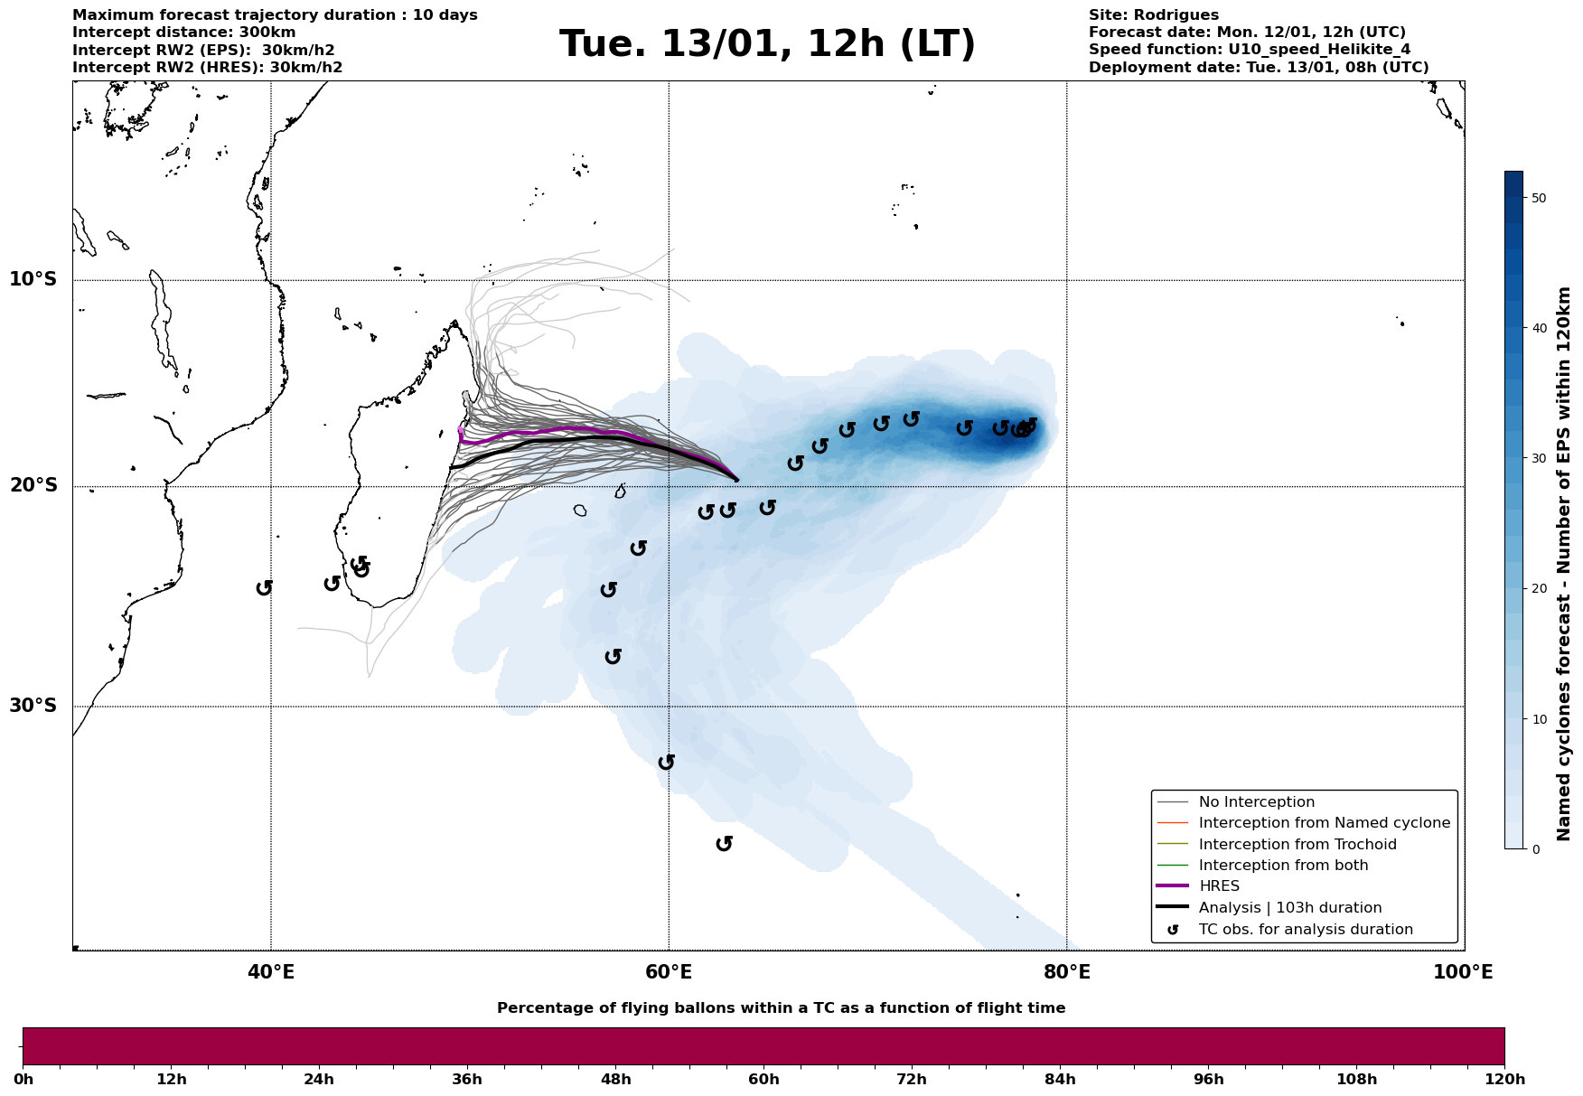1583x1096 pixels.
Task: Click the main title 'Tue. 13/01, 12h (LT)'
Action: pyautogui.click(x=767, y=44)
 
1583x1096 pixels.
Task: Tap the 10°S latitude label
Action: pyautogui.click(x=33, y=279)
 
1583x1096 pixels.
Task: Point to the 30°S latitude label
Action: pyautogui.click(x=33, y=706)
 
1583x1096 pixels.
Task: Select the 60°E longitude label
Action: pyautogui.click(x=669, y=973)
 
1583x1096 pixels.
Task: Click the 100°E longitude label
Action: pyautogui.click(x=1463, y=973)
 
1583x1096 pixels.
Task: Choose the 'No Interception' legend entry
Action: pyautogui.click(x=1256, y=802)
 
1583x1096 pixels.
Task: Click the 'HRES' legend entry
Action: pyautogui.click(x=1219, y=886)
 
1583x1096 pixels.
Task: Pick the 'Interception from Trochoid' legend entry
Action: pyautogui.click(x=1297, y=845)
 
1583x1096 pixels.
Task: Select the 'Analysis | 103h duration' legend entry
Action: pyautogui.click(x=1289, y=908)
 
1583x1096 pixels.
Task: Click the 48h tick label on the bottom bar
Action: pyautogui.click(x=615, y=1080)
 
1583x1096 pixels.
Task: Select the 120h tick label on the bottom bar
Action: pyautogui.click(x=1504, y=1080)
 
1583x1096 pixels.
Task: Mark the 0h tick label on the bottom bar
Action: pyautogui.click(x=23, y=1080)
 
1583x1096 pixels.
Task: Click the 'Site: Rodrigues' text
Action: pyautogui.click(x=1153, y=15)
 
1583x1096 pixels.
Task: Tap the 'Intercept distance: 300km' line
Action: pyautogui.click(x=183, y=33)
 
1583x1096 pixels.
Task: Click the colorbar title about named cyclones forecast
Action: pyautogui.click(x=1565, y=564)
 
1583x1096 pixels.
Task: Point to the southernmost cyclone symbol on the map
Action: pyautogui.click(x=724, y=844)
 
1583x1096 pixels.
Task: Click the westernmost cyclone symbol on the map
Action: pyautogui.click(x=264, y=588)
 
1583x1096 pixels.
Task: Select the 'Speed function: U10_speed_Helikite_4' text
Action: pyautogui.click(x=1249, y=50)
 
